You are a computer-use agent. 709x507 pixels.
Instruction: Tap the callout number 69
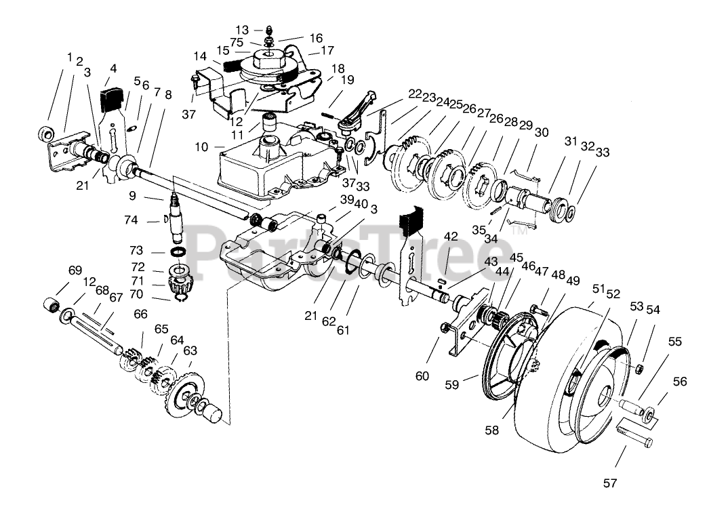[x=75, y=271]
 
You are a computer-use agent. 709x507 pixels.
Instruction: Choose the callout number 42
[x=451, y=237]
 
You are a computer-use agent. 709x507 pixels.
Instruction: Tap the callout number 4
[x=113, y=68]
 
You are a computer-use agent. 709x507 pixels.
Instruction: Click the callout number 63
[x=190, y=350]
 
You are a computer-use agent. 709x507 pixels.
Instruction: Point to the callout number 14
[x=199, y=57]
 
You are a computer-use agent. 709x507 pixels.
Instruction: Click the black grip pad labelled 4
[x=110, y=99]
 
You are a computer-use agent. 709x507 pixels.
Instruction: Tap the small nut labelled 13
[x=268, y=30]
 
